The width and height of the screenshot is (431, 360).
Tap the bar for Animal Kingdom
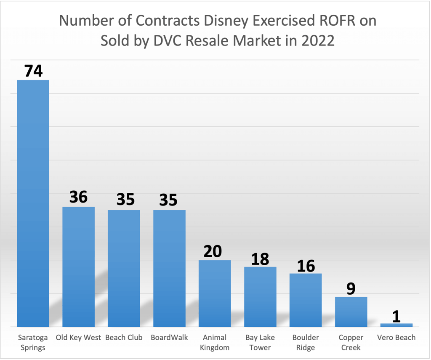coord(215,293)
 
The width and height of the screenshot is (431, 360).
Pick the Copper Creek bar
coord(351,312)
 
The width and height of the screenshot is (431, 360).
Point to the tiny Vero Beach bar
coord(396,325)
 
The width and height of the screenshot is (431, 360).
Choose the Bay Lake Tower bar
coord(260,296)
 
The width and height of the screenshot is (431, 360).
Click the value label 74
coord(33,71)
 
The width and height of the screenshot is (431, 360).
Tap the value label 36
coord(78,197)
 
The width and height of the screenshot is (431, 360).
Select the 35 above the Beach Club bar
coord(125,200)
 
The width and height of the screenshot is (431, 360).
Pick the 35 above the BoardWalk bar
coord(168,200)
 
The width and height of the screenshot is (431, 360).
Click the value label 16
coord(306,266)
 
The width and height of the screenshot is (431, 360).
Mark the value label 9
coord(351,289)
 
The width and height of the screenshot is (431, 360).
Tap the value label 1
coord(396,316)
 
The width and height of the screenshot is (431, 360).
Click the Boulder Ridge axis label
coord(306,342)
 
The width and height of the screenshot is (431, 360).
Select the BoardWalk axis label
coord(169,338)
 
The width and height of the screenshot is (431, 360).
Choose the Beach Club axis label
coord(124,338)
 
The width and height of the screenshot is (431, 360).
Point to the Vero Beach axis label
coord(396,338)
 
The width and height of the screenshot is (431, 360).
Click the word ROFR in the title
coord(329,21)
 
